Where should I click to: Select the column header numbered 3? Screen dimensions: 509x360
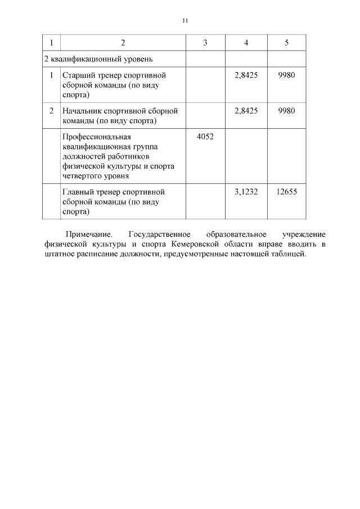point(205,43)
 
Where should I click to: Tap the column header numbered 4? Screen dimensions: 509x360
point(246,43)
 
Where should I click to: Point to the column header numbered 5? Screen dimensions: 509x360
point(286,43)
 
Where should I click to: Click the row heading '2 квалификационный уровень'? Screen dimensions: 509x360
point(98,58)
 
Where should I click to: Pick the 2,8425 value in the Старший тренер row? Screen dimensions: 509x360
point(246,75)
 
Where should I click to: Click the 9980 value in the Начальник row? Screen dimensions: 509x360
point(286,111)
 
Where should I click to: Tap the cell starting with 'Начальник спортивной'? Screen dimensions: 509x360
point(120,115)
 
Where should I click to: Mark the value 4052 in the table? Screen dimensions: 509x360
point(205,137)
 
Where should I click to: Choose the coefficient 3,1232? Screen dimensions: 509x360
point(246,192)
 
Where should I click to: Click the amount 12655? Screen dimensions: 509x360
point(286,192)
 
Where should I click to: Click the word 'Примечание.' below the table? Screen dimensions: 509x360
point(89,233)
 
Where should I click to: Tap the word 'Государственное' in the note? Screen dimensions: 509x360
point(160,233)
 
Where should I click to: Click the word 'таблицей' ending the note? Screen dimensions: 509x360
point(290,254)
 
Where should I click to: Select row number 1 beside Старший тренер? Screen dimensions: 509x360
point(51,75)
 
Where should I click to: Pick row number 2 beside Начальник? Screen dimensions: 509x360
point(51,111)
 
